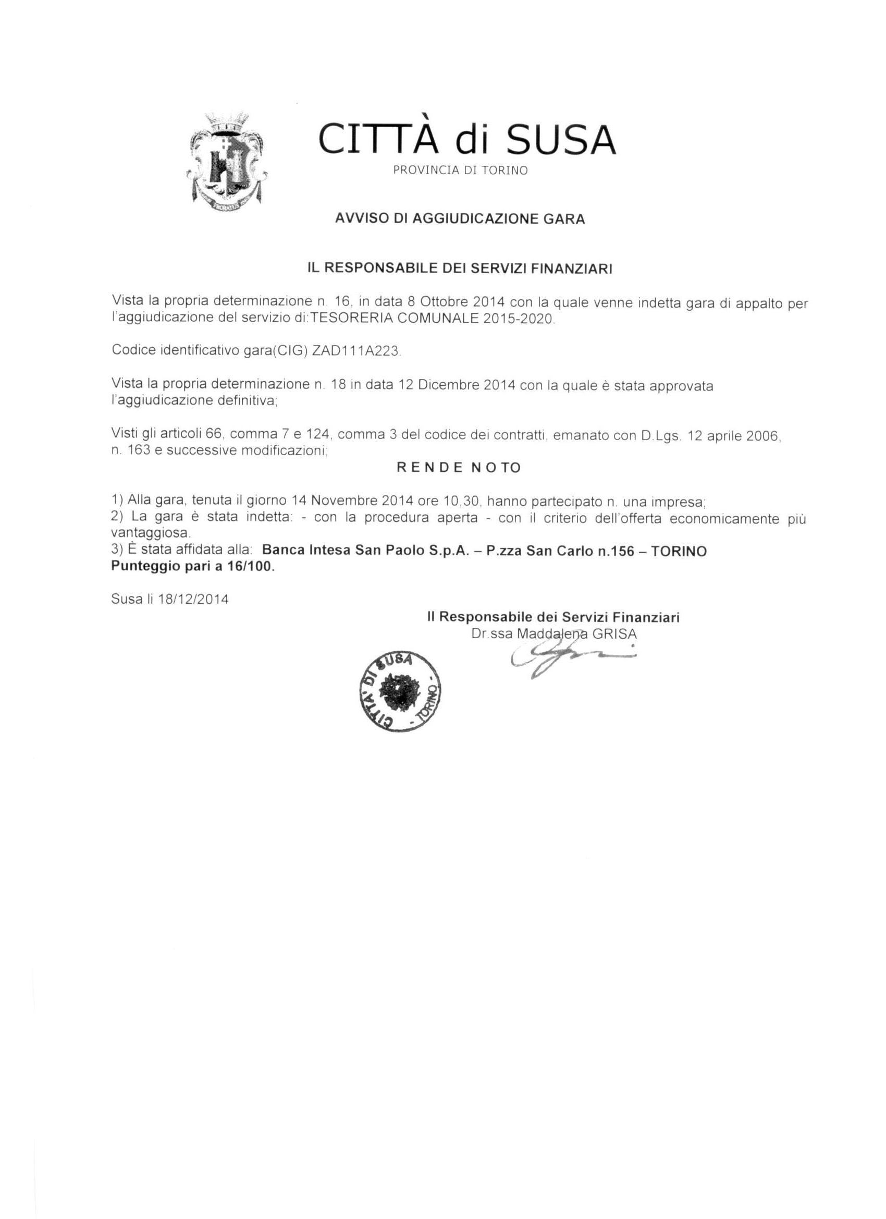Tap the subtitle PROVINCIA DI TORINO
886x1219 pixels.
tap(461, 170)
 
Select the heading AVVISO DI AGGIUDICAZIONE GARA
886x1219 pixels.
tap(460, 219)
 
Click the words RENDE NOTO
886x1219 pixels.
tap(459, 468)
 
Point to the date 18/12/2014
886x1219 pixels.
tap(193, 599)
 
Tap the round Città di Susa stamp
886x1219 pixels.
tap(399, 692)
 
